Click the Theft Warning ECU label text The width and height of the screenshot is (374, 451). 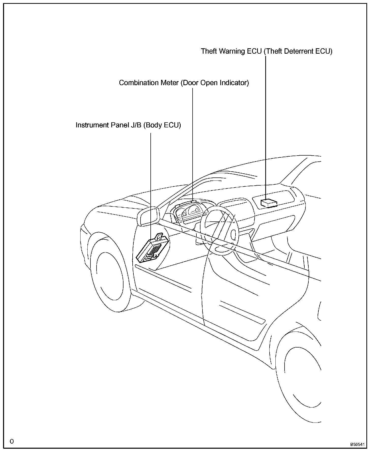point(267,51)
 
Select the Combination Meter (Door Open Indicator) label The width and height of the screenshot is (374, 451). point(184,83)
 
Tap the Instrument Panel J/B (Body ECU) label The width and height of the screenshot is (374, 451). point(128,125)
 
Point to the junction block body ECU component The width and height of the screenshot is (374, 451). point(152,250)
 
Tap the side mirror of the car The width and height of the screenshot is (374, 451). point(148,216)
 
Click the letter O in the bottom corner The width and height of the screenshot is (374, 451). point(12,441)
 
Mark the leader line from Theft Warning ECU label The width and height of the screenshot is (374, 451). point(266,127)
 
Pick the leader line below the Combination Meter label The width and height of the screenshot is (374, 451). point(192,142)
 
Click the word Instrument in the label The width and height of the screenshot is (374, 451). point(92,125)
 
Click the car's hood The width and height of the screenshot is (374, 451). point(114,203)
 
